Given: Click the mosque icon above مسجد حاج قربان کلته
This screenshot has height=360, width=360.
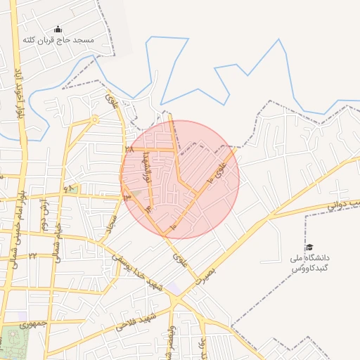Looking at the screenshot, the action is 58,30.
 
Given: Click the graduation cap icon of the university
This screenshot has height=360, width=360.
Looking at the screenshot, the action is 309,247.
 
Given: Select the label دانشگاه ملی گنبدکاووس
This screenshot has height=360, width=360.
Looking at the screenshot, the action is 310,263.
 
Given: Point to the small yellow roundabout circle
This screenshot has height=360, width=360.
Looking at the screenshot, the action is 94,120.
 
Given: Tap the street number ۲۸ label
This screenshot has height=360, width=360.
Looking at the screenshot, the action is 129,149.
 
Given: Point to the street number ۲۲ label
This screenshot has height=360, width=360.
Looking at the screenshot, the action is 32,255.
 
